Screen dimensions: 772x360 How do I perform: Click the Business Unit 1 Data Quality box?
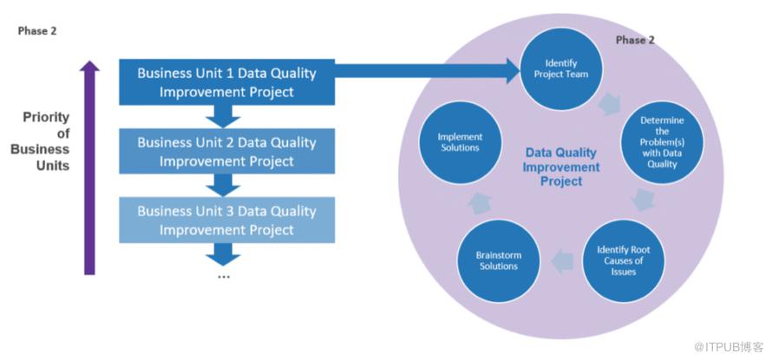226,82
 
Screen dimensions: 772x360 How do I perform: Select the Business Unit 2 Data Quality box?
226,151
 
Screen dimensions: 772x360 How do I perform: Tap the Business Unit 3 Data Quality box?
226,219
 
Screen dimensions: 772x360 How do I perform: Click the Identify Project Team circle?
560,69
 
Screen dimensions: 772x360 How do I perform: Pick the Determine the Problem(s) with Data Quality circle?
662,142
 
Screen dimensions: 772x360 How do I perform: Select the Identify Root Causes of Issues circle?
624,261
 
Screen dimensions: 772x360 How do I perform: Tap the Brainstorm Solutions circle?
498,261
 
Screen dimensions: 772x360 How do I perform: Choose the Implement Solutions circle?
460,142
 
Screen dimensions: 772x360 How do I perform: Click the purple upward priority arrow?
89,167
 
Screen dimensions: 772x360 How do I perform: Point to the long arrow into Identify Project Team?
428,70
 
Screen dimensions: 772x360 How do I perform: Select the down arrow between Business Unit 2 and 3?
223,185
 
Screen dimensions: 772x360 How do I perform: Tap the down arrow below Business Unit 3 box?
223,254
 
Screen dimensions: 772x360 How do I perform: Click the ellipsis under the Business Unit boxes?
224,277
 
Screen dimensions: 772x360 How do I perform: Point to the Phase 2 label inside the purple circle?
635,41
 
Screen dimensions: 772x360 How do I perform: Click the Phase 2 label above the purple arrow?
37,31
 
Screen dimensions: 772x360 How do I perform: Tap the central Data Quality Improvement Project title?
561,167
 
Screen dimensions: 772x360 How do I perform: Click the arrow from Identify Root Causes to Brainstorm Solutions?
562,261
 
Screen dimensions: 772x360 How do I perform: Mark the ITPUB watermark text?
729,346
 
